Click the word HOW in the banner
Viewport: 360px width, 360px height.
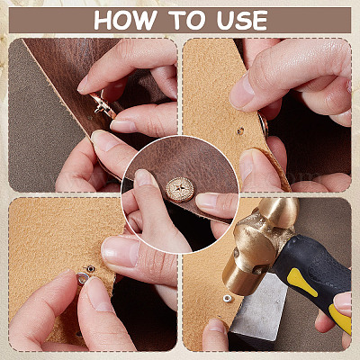125,21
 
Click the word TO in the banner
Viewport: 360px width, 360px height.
185,21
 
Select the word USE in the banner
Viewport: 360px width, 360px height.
242,21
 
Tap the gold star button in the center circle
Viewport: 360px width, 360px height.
180,190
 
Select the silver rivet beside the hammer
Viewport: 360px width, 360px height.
228,299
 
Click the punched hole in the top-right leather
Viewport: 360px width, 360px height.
240,130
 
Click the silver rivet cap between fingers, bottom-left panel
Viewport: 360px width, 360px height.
82,279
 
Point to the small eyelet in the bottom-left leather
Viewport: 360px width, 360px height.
90,268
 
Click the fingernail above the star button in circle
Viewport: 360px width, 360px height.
144,178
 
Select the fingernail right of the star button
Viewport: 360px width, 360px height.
206,201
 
